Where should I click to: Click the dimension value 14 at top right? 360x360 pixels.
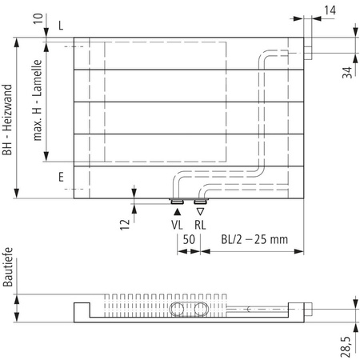(x=331, y=10)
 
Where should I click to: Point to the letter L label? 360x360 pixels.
(x=61, y=26)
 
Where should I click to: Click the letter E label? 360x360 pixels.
(x=61, y=179)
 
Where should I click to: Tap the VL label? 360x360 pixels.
(x=177, y=226)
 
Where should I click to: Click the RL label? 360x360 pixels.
(x=199, y=226)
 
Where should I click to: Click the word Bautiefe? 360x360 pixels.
(x=8, y=267)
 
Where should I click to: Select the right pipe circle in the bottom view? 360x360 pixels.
(x=199, y=309)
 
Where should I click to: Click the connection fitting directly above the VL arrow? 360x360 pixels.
(x=177, y=202)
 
